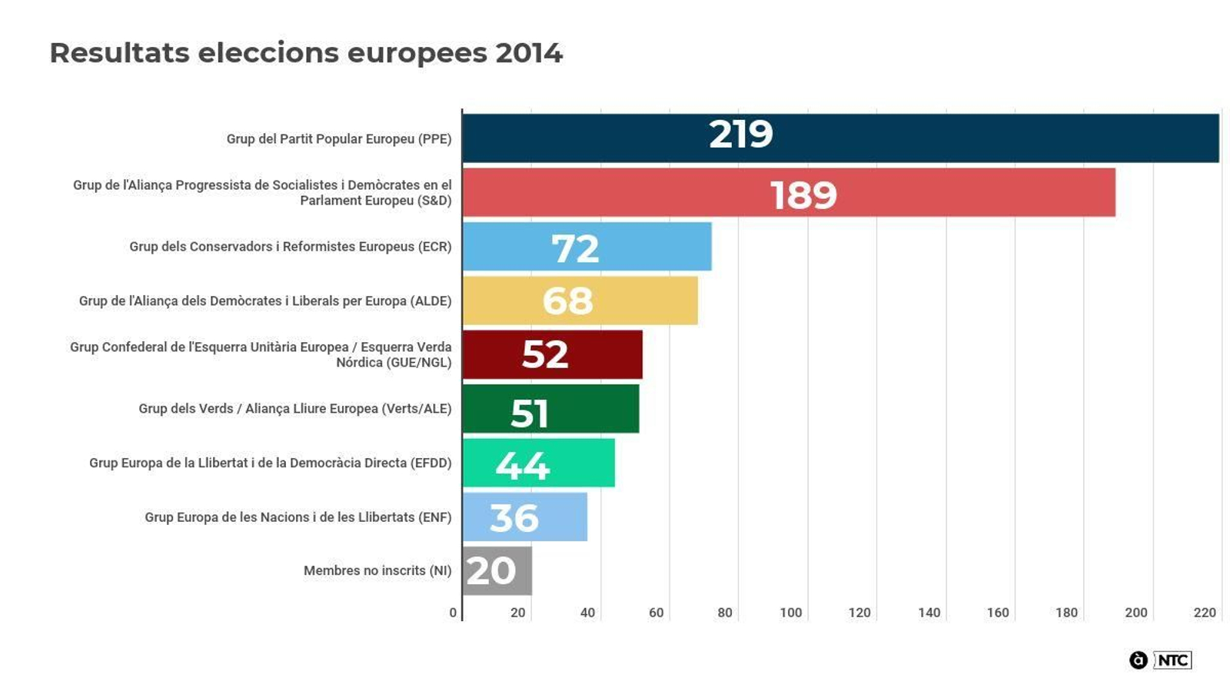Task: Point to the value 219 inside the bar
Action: click(x=740, y=135)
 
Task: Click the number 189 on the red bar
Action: click(x=803, y=195)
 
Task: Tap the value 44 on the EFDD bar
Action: click(x=523, y=465)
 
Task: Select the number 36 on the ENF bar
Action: click(x=514, y=518)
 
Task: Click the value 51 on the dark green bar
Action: click(x=530, y=413)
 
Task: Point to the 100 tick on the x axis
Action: click(x=790, y=613)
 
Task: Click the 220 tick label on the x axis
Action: click(x=1205, y=613)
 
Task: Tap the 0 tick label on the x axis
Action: click(x=453, y=613)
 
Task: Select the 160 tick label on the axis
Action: click(x=998, y=613)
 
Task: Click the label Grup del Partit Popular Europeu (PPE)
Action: click(x=339, y=139)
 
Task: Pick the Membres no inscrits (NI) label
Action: click(x=377, y=570)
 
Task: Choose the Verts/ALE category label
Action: click(x=295, y=409)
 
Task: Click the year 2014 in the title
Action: click(x=529, y=53)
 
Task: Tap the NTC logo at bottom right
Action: click(x=1172, y=660)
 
